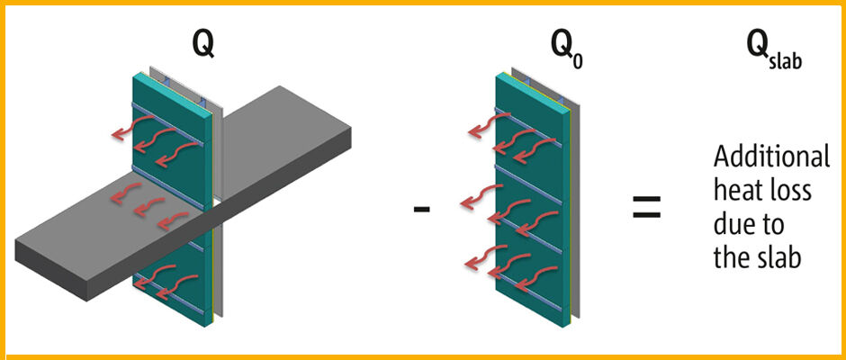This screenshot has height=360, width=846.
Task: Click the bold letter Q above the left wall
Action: pos(203,43)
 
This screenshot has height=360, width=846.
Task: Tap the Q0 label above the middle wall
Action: pos(557,44)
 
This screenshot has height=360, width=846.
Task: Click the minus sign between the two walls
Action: pos(420,208)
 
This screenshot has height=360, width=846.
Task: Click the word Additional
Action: pos(771,157)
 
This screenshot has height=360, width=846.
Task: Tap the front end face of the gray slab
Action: pos(54,274)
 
